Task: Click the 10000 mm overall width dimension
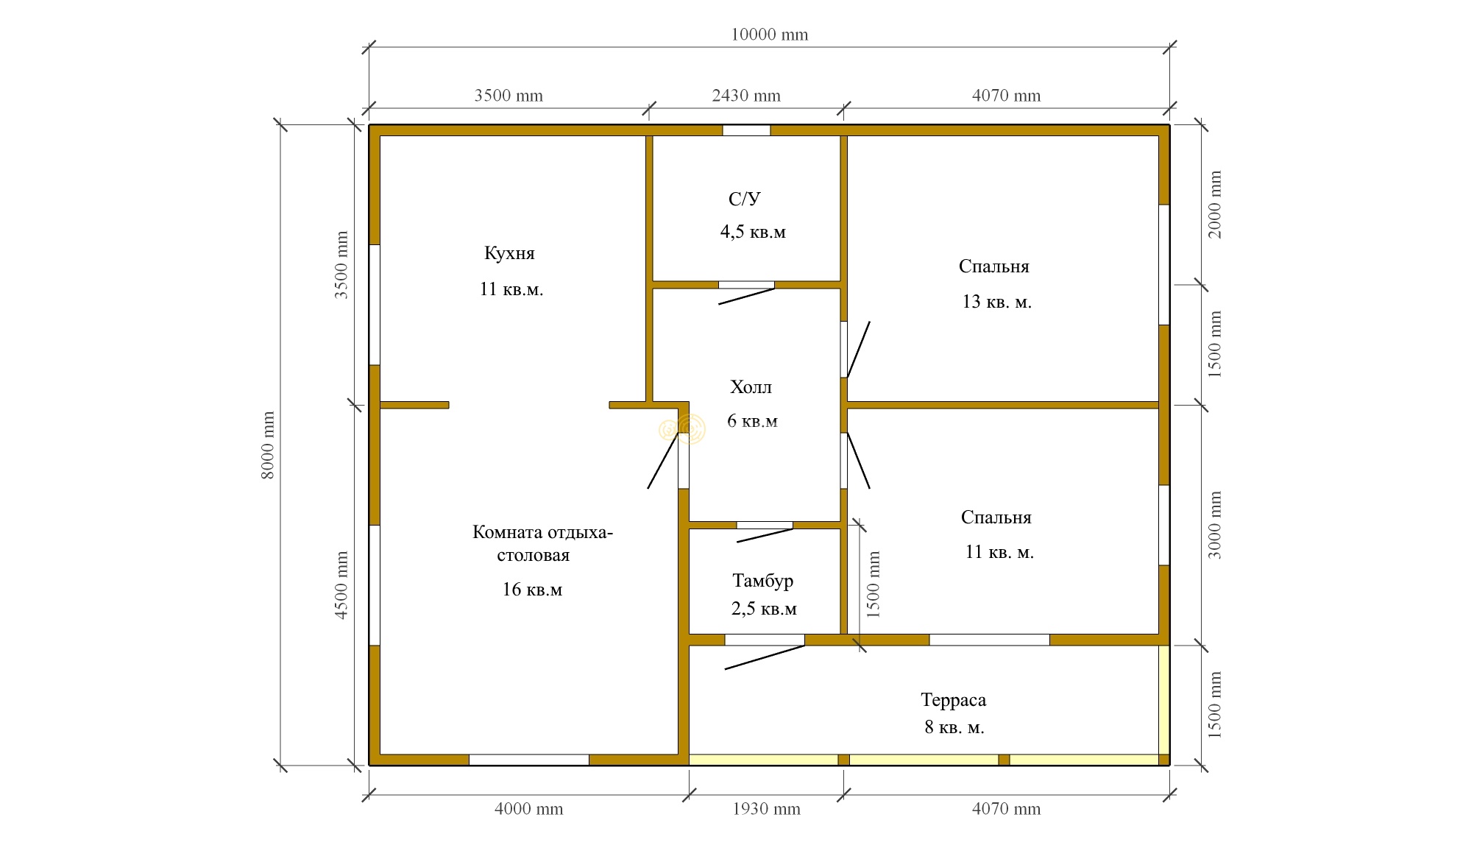(769, 35)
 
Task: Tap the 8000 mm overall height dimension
(267, 445)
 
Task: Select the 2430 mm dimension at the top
(746, 96)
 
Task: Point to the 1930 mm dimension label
(766, 809)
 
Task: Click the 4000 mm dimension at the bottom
(528, 809)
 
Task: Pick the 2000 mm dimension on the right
(1215, 205)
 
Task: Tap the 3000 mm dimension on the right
(1215, 525)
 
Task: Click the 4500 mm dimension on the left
(341, 585)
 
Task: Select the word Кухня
(509, 253)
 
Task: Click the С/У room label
(745, 199)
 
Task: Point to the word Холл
(751, 387)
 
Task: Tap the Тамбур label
(763, 581)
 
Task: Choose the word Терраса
(953, 700)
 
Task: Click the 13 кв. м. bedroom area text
(996, 302)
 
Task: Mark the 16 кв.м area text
(532, 590)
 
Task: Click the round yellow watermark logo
(682, 428)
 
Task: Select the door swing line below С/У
(746, 296)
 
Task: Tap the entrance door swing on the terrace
(765, 657)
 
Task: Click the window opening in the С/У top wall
(746, 130)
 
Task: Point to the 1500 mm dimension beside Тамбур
(873, 585)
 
